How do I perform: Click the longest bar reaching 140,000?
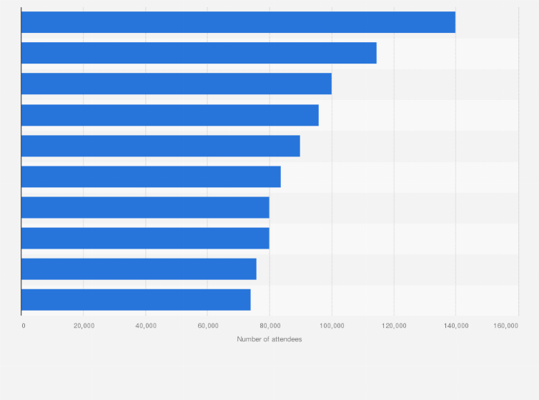pos(238,22)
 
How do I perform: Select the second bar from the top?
pos(199,53)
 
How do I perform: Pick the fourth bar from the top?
pos(170,115)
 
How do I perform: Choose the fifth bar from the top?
pos(161,146)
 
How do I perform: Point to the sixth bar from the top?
pos(151,176)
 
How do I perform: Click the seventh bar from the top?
pos(145,207)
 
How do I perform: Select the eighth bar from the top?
pos(145,238)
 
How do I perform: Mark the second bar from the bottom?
pos(139,269)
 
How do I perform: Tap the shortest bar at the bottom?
pos(136,299)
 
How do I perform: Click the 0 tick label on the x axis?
pos(24,326)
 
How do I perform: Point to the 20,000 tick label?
pos(84,326)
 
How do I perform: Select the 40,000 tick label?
pos(146,326)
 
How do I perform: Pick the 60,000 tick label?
pos(207,326)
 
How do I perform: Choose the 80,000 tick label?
pos(269,326)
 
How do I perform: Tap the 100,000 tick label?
pos(332,326)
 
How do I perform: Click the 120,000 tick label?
pos(394,326)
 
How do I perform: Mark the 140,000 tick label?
pos(456,326)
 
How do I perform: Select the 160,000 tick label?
pos(505,326)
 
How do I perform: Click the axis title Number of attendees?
pos(269,339)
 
